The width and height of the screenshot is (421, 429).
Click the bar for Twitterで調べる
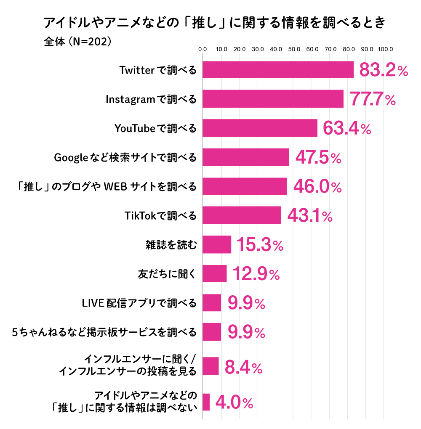point(278,70)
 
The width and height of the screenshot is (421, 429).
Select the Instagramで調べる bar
point(273,99)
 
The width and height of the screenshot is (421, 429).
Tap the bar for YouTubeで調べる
point(260,128)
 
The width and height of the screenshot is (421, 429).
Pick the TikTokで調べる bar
point(242,215)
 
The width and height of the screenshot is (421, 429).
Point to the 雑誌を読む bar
point(217,244)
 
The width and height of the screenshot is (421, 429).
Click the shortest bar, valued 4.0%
point(206,402)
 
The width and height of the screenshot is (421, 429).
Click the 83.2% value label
point(383,71)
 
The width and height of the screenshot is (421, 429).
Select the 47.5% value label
point(318,158)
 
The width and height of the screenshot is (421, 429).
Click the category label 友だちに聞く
point(167,274)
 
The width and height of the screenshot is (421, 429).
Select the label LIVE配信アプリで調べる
point(139,303)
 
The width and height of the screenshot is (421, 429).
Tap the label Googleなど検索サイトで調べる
point(125,157)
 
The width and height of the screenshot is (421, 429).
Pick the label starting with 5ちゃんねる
point(104,332)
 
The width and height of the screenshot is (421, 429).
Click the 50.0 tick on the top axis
point(294,49)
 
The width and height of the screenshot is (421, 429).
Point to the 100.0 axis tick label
point(385,49)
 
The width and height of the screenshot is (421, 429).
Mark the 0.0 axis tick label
point(203,49)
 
